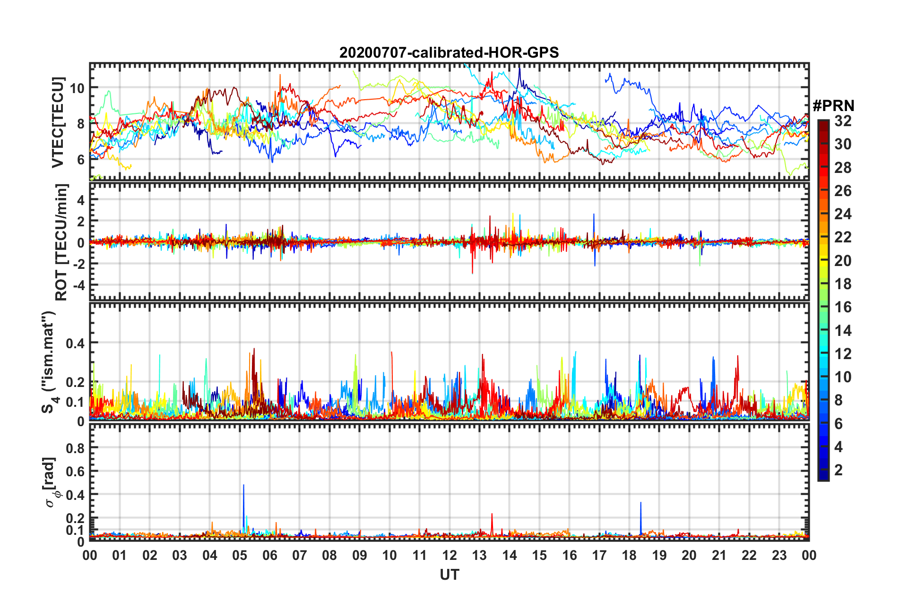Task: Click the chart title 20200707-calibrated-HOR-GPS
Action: click(x=449, y=52)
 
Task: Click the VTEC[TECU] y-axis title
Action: click(x=58, y=122)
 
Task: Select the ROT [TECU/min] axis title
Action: click(x=61, y=242)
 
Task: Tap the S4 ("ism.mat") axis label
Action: click(x=49, y=362)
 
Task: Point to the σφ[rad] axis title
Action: click(x=51, y=482)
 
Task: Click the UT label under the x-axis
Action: click(x=449, y=575)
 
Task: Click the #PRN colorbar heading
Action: click(x=833, y=106)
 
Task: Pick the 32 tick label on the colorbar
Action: click(x=843, y=121)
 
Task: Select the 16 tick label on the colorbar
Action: click(x=843, y=307)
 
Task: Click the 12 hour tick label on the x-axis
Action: click(x=449, y=555)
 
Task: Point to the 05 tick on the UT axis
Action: click(x=240, y=555)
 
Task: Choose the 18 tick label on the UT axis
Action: click(x=629, y=555)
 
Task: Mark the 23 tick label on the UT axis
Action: click(x=779, y=555)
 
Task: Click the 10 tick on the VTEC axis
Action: click(x=77, y=88)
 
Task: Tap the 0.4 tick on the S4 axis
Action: click(x=75, y=343)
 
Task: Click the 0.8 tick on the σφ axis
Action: click(x=75, y=448)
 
